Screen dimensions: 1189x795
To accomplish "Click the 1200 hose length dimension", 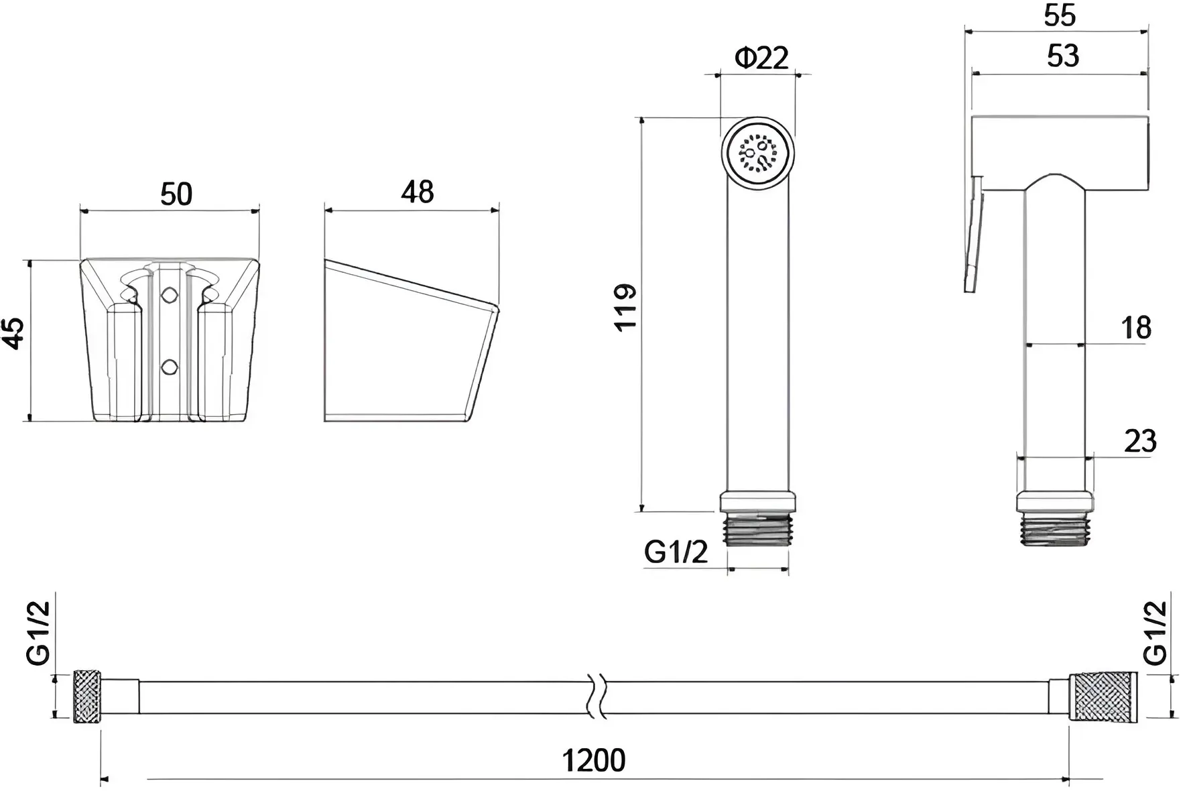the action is (593, 760).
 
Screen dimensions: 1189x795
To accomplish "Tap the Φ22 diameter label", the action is (762, 58).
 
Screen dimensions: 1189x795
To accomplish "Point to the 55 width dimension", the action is (1060, 15).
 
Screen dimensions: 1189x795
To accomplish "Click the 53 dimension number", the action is (1063, 56).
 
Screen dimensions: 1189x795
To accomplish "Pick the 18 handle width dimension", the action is (1136, 328).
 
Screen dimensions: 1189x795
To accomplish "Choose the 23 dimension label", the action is (1140, 441).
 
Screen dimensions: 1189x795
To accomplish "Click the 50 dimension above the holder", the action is (176, 194).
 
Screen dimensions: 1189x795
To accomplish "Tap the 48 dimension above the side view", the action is (418, 192).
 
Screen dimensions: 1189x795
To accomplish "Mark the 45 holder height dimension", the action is (14, 333).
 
